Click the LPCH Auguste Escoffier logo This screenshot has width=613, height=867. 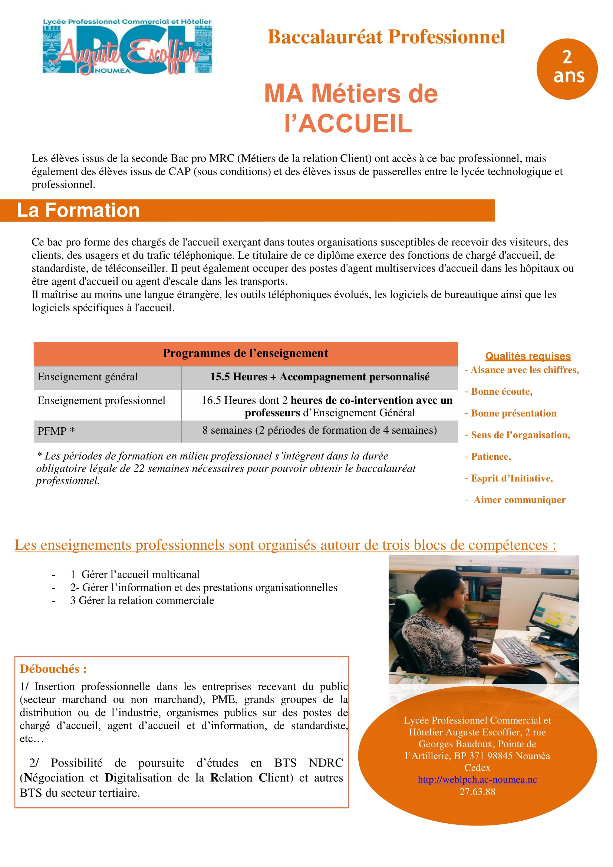(x=127, y=46)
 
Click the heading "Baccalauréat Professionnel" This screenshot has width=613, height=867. (x=386, y=37)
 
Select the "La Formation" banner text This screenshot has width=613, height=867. (x=78, y=210)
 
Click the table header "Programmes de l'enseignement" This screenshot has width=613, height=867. (x=245, y=353)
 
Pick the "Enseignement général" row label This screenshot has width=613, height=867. (x=87, y=377)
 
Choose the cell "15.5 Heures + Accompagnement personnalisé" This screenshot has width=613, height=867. (x=320, y=377)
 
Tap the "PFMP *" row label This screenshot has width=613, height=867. (x=56, y=431)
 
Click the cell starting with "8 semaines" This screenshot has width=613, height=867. (x=320, y=430)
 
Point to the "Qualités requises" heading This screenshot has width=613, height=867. (x=528, y=356)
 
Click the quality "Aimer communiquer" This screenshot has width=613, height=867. (x=519, y=500)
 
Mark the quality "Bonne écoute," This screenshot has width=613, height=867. (x=501, y=391)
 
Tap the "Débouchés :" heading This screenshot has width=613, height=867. (x=53, y=669)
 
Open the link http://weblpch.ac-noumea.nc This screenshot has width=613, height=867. (x=477, y=780)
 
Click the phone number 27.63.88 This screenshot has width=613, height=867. (x=477, y=791)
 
